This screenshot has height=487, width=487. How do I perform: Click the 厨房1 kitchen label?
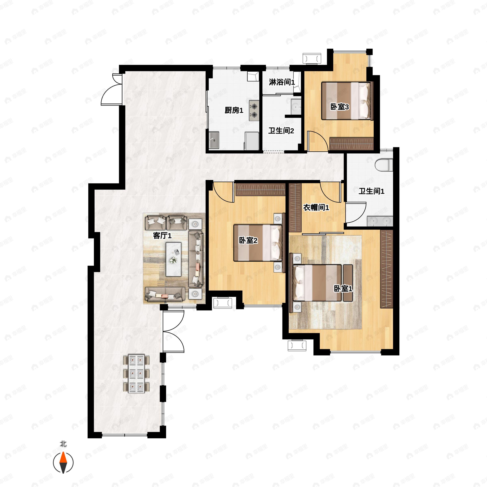tap(234, 110)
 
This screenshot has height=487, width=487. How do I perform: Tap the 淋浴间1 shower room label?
tap(282, 82)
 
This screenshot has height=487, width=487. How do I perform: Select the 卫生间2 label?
tap(281, 131)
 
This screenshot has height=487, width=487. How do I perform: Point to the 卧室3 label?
tap(339, 107)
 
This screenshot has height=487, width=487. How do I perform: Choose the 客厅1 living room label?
tap(162, 236)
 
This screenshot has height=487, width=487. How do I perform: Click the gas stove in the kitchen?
tap(254, 111)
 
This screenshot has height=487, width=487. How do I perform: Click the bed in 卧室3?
tap(346, 101)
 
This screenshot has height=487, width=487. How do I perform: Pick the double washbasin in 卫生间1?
tap(380, 221)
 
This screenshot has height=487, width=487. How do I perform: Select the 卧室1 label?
tap(343, 289)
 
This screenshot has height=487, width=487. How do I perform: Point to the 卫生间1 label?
tap(372, 191)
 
